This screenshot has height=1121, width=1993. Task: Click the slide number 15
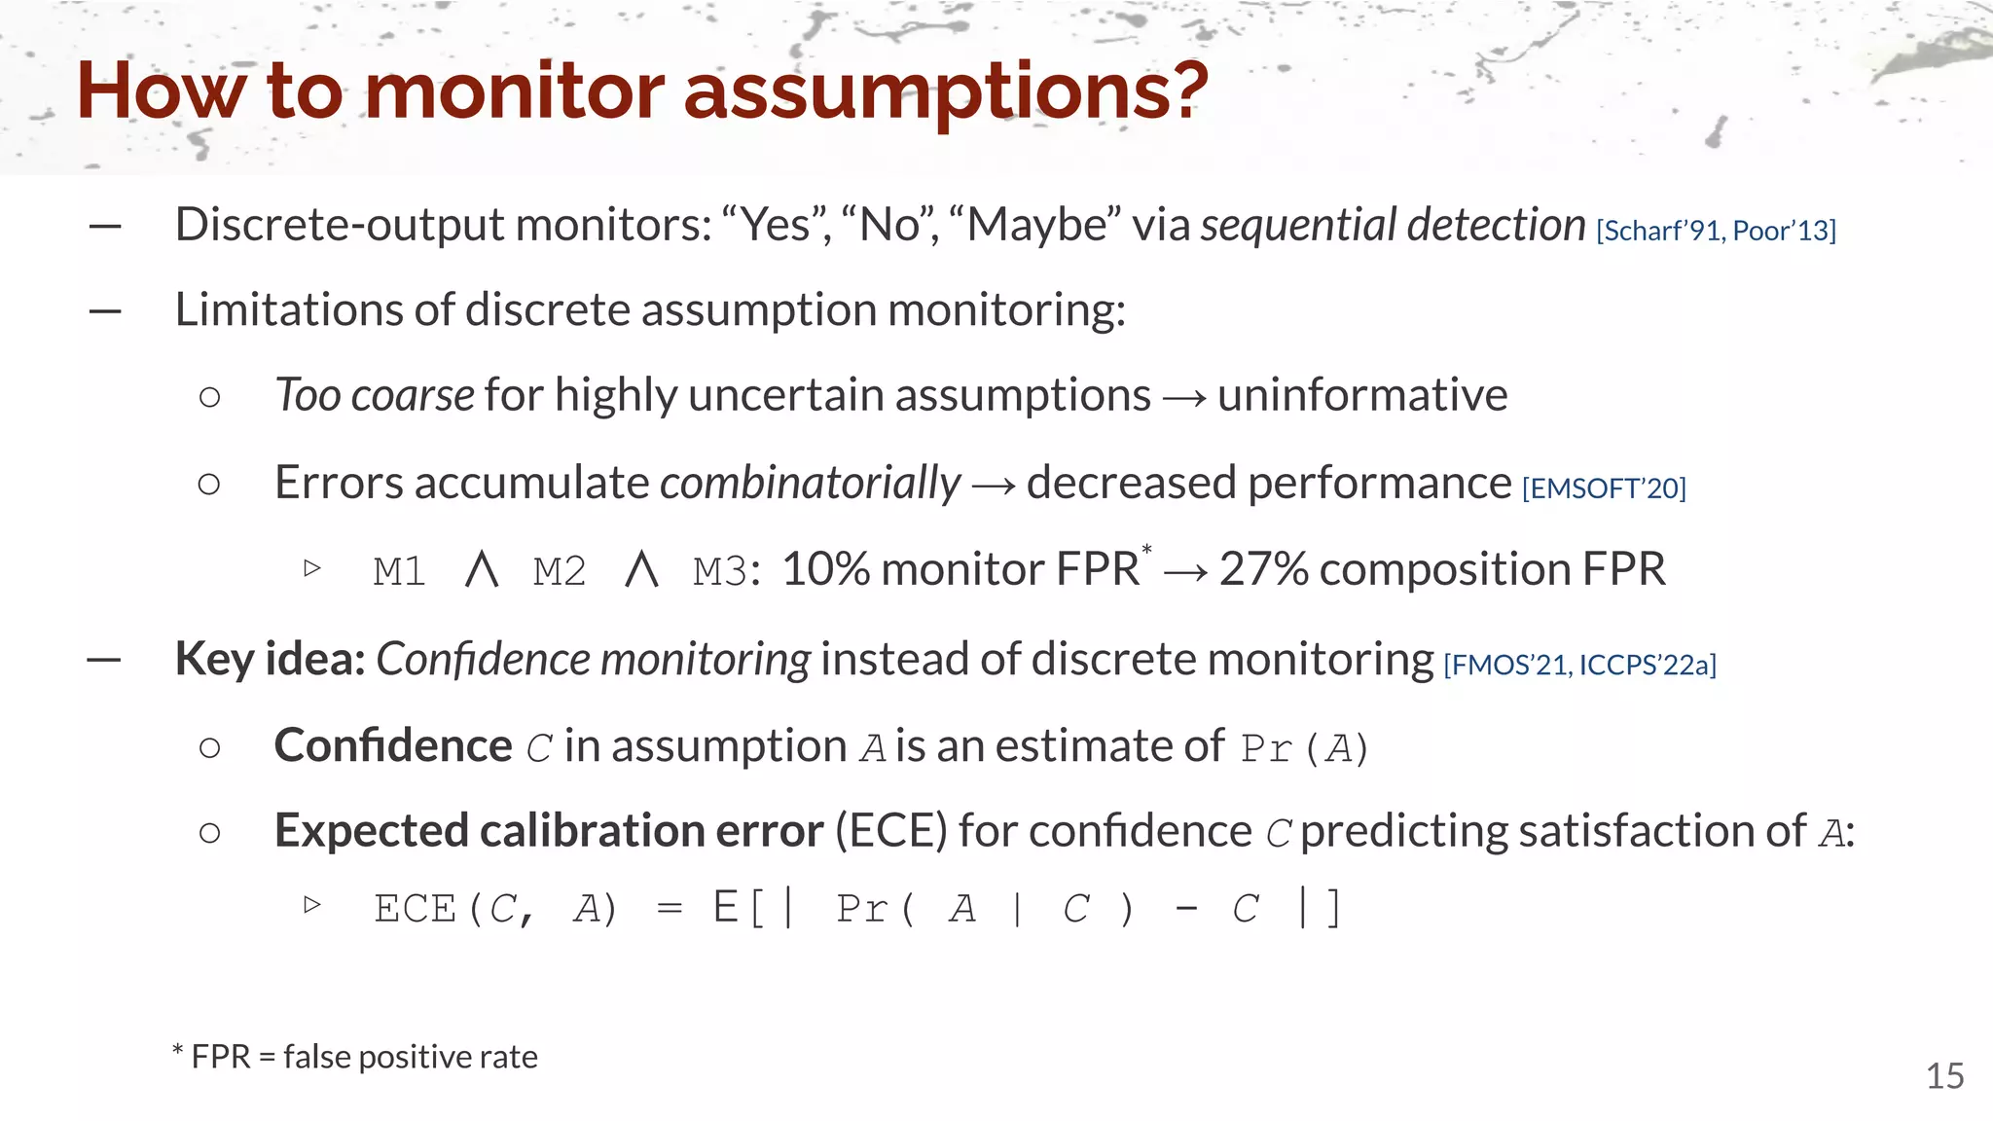click(1944, 1076)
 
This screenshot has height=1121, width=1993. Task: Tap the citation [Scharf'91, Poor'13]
click(1716, 231)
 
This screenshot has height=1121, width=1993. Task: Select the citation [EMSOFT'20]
click(1604, 488)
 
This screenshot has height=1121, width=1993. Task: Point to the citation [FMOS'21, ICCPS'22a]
click(1579, 665)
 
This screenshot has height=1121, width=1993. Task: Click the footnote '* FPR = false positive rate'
click(355, 1057)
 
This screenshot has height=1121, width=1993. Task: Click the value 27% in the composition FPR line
click(1263, 569)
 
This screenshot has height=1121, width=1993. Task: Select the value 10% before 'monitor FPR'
click(825, 569)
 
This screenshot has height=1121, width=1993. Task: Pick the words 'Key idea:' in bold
click(270, 660)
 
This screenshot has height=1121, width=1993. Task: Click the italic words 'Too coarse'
click(375, 395)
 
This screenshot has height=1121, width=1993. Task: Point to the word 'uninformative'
click(1362, 395)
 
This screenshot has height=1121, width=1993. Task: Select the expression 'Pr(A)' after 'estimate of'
click(1304, 748)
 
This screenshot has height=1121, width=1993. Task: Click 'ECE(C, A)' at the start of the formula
click(495, 910)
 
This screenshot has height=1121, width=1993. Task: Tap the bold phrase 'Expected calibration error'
click(548, 831)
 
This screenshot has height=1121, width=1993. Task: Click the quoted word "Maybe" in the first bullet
click(1033, 225)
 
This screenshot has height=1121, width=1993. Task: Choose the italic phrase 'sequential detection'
click(1393, 225)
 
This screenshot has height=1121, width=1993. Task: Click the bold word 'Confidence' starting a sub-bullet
click(392, 746)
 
